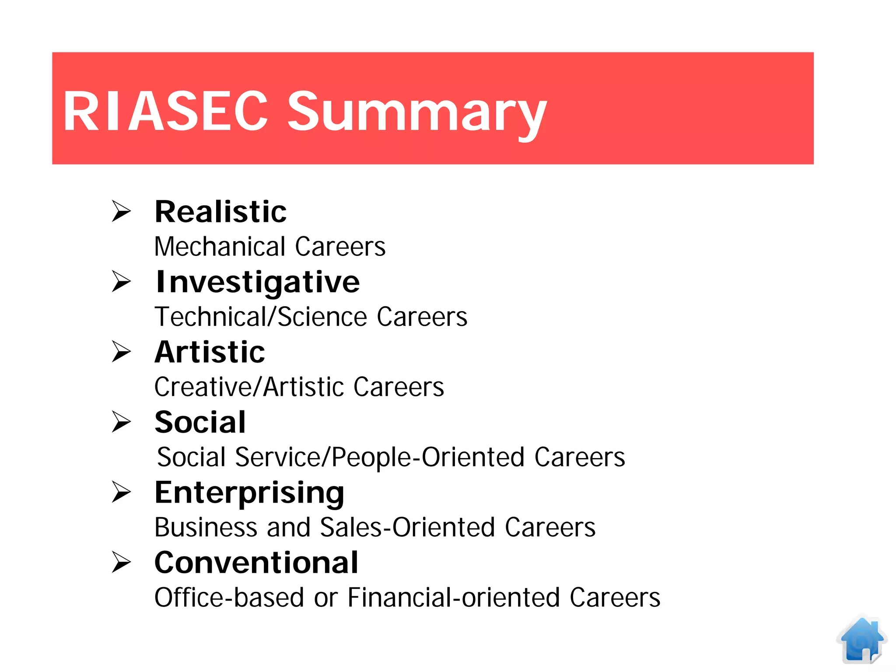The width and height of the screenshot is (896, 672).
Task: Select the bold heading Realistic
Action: pos(220,212)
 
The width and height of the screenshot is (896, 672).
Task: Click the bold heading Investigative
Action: pos(258,282)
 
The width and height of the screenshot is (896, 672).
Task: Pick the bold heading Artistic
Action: pos(210,352)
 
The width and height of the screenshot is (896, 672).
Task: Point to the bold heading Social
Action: pos(200,422)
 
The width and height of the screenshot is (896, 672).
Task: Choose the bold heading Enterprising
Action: pos(249,493)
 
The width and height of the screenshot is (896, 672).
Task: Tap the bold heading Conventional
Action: pos(256,563)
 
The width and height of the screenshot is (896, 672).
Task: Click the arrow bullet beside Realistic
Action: pos(121,211)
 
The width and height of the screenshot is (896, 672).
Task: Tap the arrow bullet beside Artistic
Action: pos(121,351)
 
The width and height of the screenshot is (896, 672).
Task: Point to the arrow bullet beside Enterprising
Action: pos(121,492)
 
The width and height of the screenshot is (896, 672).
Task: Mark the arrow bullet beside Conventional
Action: pos(121,562)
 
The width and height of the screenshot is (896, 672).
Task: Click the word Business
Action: pos(206,527)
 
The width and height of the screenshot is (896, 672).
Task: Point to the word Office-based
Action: pos(229,598)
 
